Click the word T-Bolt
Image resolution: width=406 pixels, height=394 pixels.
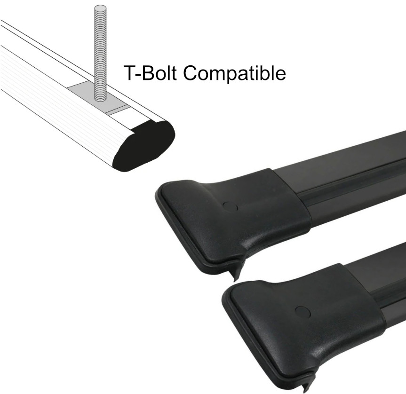coord(150,73)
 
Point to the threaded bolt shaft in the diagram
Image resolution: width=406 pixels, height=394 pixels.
coord(100,52)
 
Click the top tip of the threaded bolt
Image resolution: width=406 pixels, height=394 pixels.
coord(100,8)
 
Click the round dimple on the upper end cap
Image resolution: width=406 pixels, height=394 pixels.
coord(230,206)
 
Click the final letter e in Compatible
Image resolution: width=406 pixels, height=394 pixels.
coord(280,76)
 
